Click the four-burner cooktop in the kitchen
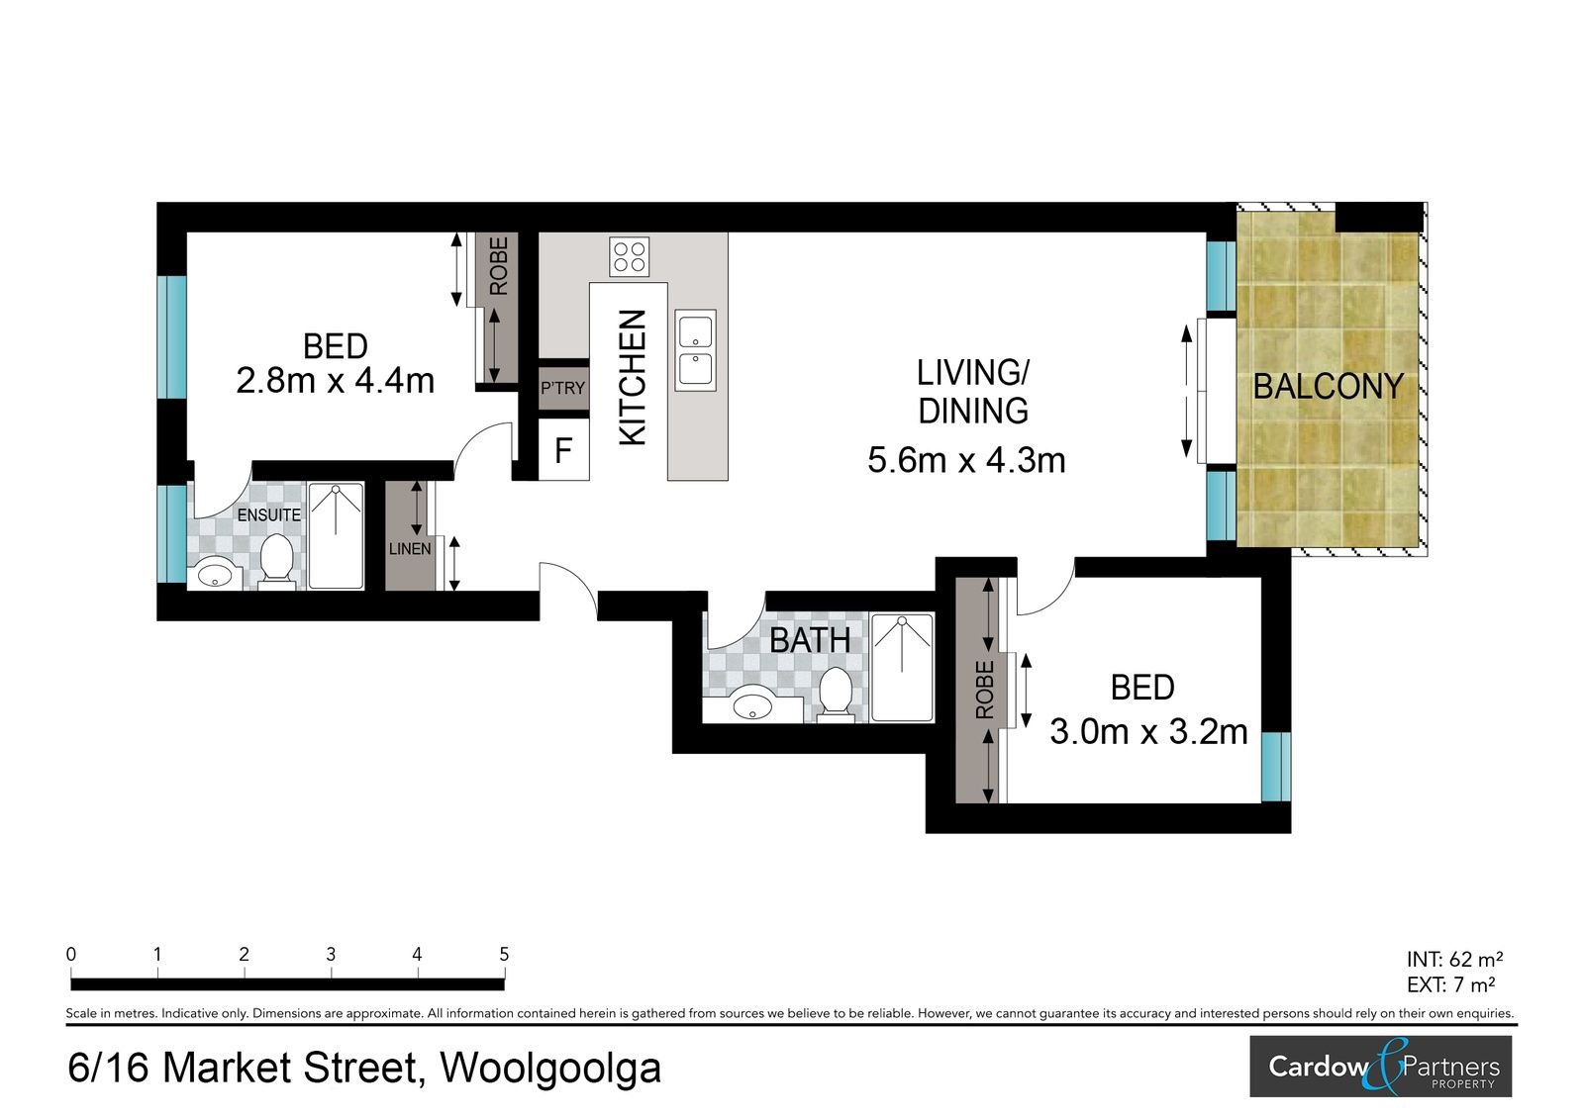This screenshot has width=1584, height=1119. coord(630,256)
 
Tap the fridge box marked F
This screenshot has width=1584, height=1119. coord(563,449)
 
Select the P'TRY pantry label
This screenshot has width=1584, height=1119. coord(563,388)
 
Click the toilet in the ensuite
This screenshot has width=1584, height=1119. coord(276,561)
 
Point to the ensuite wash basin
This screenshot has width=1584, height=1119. coord(215,574)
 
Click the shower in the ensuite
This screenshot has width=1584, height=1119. coord(336,535)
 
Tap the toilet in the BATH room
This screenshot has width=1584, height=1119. coord(836,694)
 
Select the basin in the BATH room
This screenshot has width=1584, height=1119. coord(752,706)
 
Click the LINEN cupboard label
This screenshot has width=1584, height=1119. coord(410,548)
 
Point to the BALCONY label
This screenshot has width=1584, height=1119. coord(1328,387)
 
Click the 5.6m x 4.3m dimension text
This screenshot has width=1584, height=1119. coord(966,460)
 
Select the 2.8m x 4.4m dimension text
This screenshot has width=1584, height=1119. coord(335,380)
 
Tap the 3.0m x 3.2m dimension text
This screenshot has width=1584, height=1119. coord(1148,731)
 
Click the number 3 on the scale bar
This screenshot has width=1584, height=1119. coord(331,955)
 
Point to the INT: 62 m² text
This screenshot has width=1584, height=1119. coord(1454,960)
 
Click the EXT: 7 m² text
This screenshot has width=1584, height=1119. coord(1450,984)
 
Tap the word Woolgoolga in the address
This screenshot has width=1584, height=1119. coord(550,1069)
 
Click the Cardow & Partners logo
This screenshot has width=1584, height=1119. coord(1380,1067)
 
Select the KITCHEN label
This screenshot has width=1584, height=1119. coord(633,378)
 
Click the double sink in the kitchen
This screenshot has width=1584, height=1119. coord(695,350)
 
